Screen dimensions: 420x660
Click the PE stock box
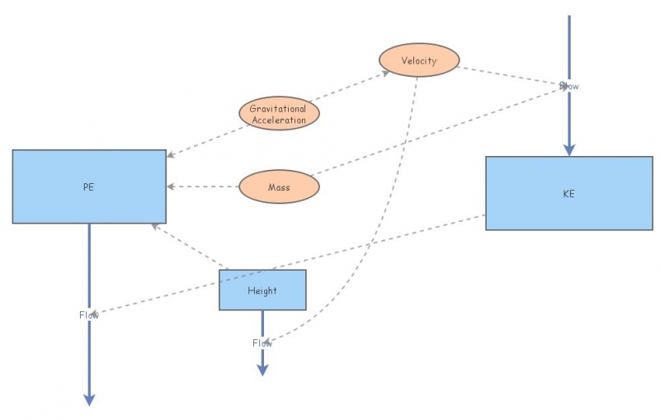89,186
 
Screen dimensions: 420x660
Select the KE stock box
568,193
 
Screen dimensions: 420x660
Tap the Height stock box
262,290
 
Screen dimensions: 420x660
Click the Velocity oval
419,60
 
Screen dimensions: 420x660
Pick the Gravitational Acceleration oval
279,114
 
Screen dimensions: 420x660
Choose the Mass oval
279,186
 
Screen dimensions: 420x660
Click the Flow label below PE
89,314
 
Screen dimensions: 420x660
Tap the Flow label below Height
262,342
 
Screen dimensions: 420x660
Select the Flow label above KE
569,85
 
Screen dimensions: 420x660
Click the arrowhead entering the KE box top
568,150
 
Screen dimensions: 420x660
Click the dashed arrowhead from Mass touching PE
171,186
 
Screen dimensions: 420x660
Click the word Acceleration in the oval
279,120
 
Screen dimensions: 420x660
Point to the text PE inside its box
89,186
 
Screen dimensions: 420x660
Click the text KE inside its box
568,194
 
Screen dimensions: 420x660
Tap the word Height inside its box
262,290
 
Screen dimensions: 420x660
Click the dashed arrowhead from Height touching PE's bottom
155,226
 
